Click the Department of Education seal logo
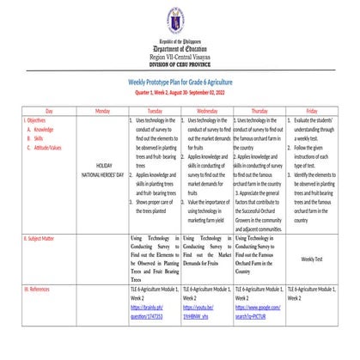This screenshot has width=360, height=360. pyautogui.click(x=180, y=20)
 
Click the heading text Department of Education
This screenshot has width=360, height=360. pyautogui.click(x=180, y=49)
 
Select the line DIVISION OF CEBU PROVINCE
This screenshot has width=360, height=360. pyautogui.click(x=180, y=64)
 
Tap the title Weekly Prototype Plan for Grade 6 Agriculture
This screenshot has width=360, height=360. pyautogui.click(x=180, y=81)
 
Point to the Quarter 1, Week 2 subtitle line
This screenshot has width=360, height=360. pyautogui.click(x=180, y=91)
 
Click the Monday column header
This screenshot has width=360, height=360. pyautogui.click(x=103, y=112)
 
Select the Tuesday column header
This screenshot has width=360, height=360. pyautogui.click(x=155, y=112)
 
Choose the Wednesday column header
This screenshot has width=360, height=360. pyautogui.click(x=206, y=112)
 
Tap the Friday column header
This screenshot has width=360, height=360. pyautogui.click(x=311, y=112)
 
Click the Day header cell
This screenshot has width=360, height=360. pyautogui.click(x=49, y=112)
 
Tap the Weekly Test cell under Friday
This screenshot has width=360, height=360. pyautogui.click(x=312, y=258)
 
